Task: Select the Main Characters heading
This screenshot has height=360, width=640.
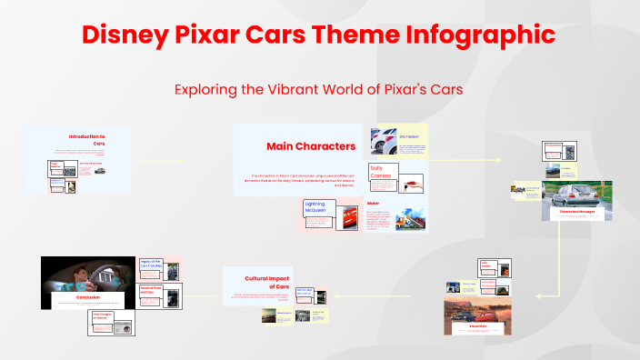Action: (297, 146)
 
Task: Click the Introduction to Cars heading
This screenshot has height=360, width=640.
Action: (87, 139)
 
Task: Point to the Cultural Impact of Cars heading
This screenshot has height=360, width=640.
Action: (266, 283)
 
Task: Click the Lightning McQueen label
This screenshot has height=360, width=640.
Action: (315, 207)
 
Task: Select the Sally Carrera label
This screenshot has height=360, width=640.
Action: (381, 172)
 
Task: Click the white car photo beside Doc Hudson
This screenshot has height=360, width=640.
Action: (382, 141)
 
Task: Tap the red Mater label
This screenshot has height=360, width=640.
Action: (373, 204)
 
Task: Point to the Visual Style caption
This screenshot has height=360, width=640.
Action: (478, 325)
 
